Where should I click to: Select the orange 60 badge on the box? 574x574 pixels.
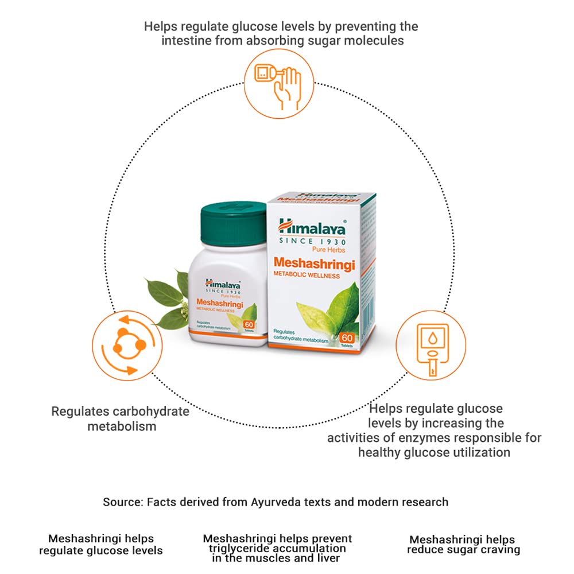347,338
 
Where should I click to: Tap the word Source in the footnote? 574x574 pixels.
122,502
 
